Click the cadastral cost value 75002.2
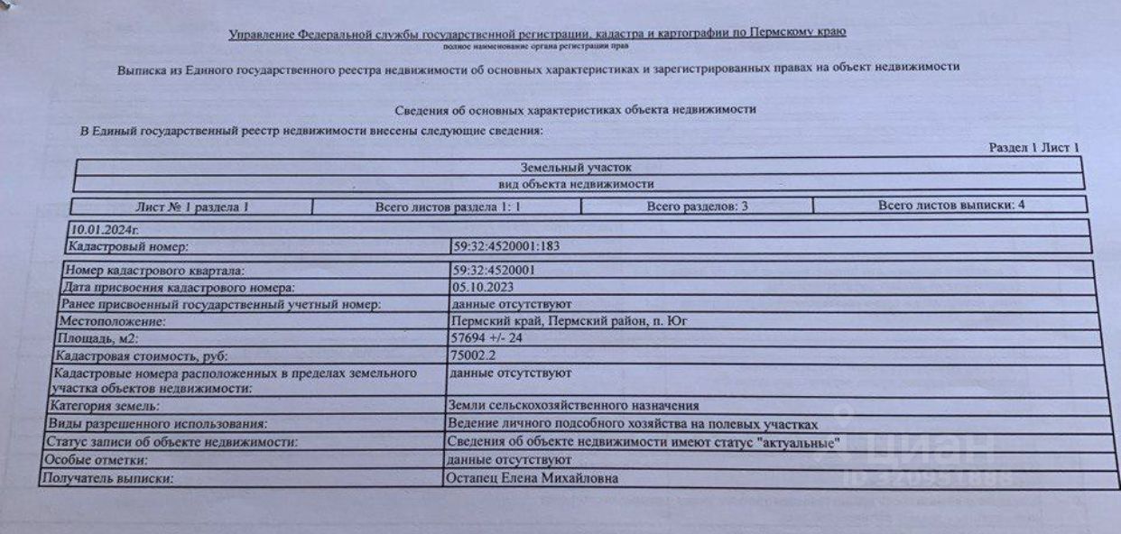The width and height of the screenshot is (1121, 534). coord(472,355)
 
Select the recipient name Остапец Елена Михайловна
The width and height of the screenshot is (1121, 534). coord(533,479)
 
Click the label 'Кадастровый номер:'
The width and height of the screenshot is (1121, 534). coord(127,245)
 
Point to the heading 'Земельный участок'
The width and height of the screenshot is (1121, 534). coord(577,168)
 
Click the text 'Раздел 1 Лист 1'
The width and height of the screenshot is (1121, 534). coord(1033,148)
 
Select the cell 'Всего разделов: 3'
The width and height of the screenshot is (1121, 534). coord(697,207)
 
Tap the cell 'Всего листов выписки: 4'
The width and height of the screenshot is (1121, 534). coord(950,205)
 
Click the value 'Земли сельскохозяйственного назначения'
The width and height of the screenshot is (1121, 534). coord(573,407)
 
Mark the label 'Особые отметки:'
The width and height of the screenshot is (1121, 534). coord(101,461)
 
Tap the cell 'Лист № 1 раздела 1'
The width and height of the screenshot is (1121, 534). coord(191,207)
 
